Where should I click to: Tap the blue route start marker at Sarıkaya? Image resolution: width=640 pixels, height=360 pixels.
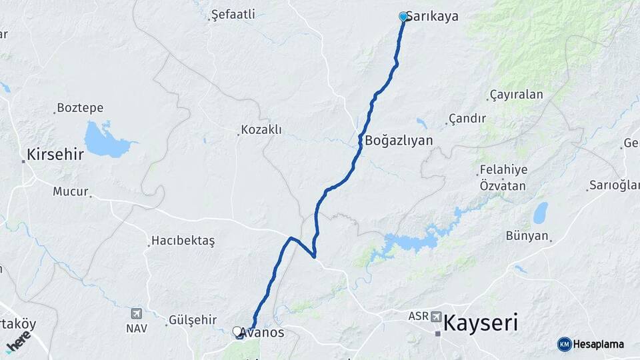click(x=403, y=17)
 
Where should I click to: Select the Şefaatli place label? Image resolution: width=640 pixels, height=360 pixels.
click(x=233, y=14)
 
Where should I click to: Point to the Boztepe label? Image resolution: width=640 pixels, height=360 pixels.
click(x=79, y=107)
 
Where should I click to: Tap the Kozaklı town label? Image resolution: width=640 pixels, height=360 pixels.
click(x=261, y=130)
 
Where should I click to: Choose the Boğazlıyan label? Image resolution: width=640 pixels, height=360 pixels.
click(x=399, y=141)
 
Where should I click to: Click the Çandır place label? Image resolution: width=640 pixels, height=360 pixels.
click(x=467, y=119)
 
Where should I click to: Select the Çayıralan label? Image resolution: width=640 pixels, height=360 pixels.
click(x=516, y=95)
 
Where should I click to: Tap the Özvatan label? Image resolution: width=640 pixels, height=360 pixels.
click(x=503, y=186)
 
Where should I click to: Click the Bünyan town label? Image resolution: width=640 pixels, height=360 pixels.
click(x=527, y=235)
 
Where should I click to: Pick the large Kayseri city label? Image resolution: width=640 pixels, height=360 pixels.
click(x=480, y=324)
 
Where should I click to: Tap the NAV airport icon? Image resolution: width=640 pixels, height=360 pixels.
click(x=137, y=313)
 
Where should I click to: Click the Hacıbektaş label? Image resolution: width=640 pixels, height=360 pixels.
click(x=183, y=241)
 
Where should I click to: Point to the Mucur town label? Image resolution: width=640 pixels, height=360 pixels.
click(x=71, y=192)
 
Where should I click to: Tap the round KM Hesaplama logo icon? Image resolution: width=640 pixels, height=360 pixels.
click(x=565, y=344)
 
